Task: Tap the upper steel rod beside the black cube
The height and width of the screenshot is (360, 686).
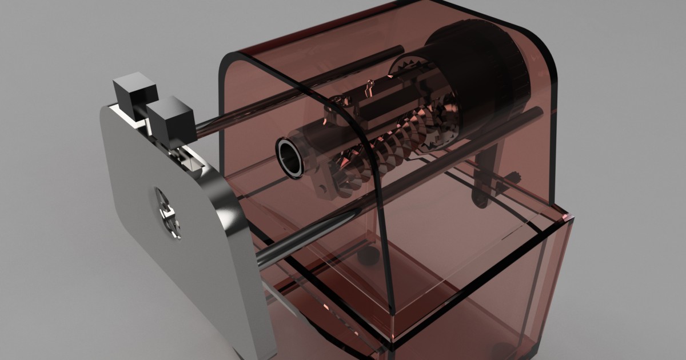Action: click(240, 117)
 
